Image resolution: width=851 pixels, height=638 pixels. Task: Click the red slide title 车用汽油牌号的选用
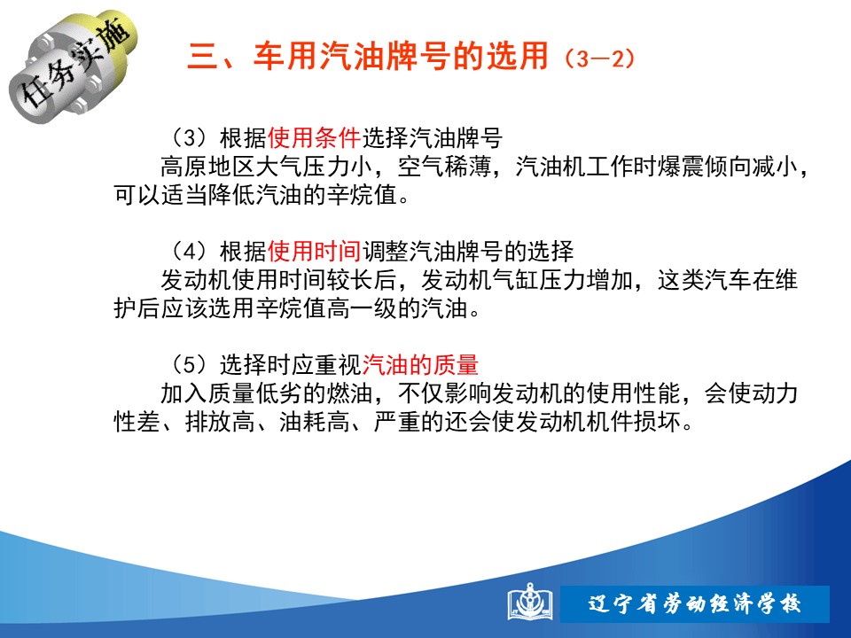(x=401, y=56)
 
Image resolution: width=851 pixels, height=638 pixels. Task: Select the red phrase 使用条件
(x=314, y=138)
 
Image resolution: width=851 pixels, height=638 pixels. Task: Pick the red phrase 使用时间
(x=314, y=251)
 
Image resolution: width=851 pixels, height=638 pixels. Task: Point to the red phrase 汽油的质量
(x=420, y=364)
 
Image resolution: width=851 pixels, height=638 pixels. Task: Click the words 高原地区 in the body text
(x=207, y=167)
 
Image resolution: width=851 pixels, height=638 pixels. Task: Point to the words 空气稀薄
(x=444, y=167)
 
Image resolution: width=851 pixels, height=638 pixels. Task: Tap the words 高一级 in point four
(x=362, y=308)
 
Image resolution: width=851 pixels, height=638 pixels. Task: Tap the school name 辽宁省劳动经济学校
(x=694, y=603)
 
